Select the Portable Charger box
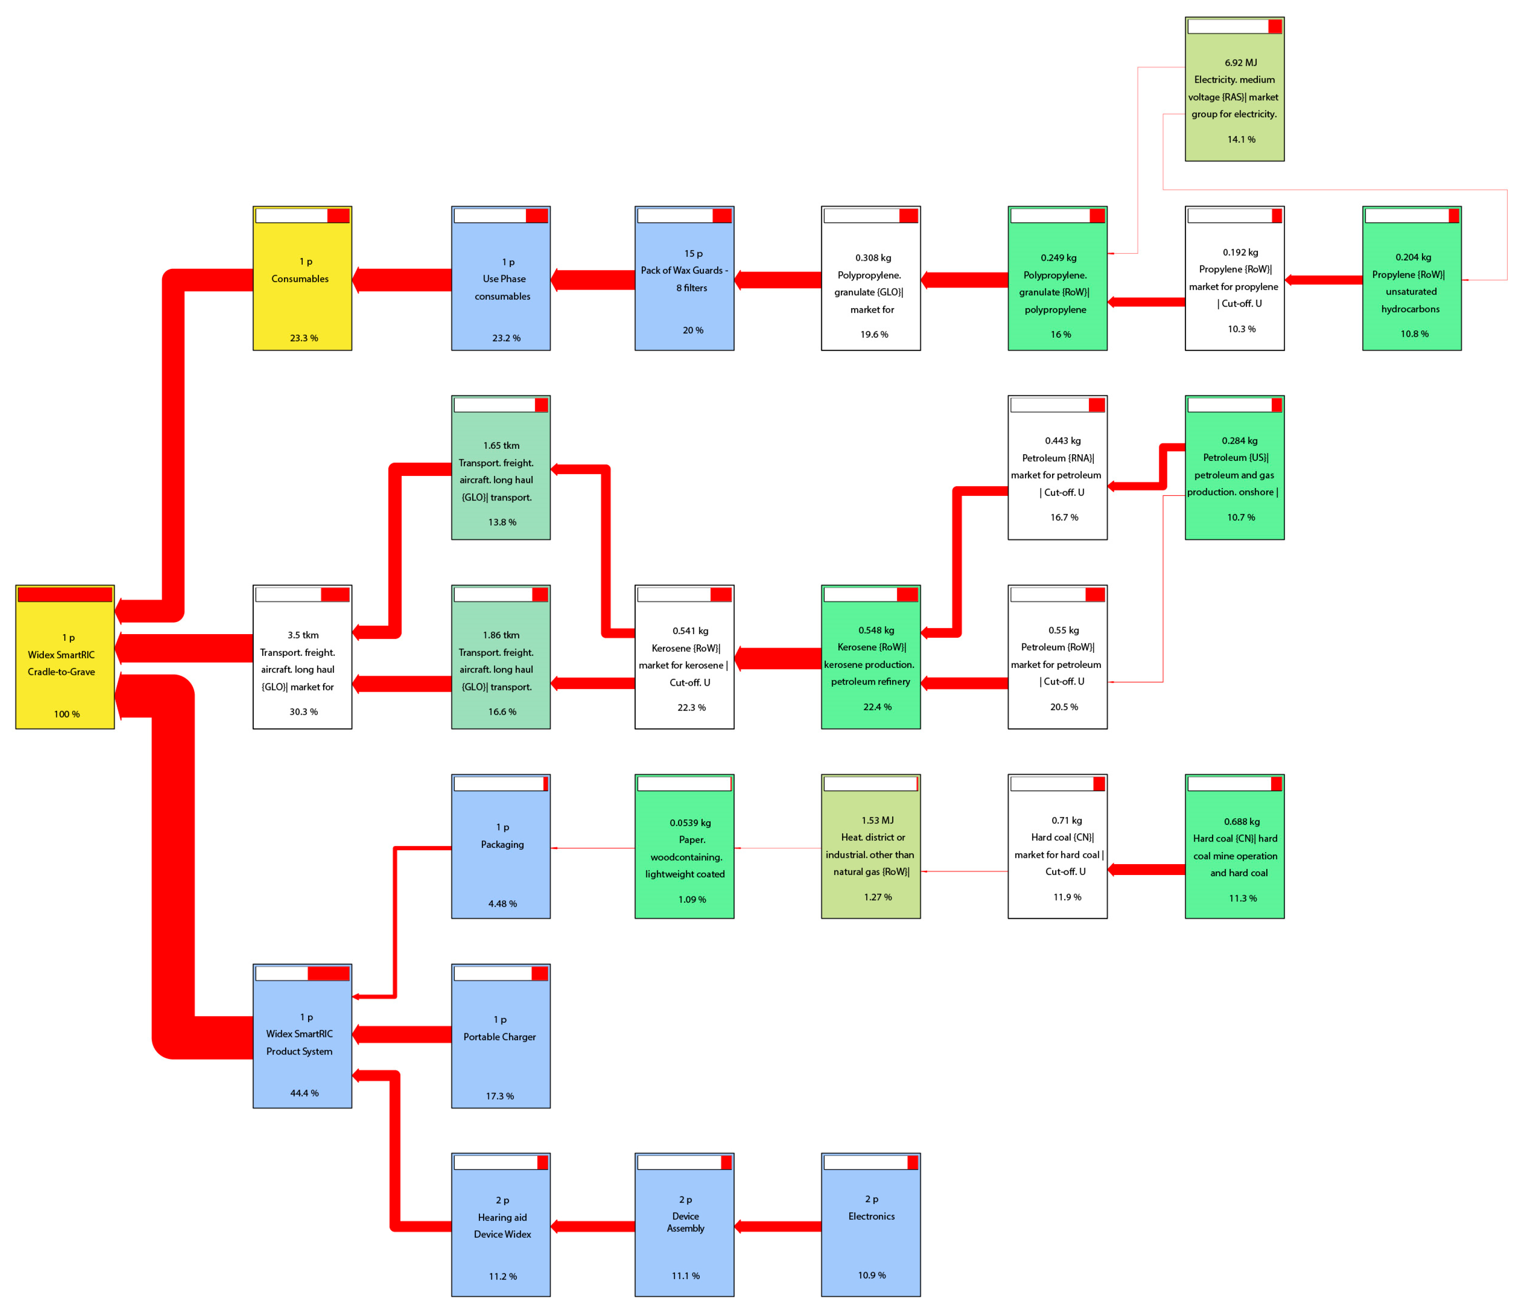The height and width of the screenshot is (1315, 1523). [501, 1037]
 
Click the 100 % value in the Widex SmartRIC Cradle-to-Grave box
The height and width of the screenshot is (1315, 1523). [66, 714]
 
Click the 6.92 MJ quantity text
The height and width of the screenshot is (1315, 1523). [1241, 63]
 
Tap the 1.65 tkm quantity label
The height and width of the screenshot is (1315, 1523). [501, 445]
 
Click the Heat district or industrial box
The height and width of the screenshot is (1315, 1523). [870, 846]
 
